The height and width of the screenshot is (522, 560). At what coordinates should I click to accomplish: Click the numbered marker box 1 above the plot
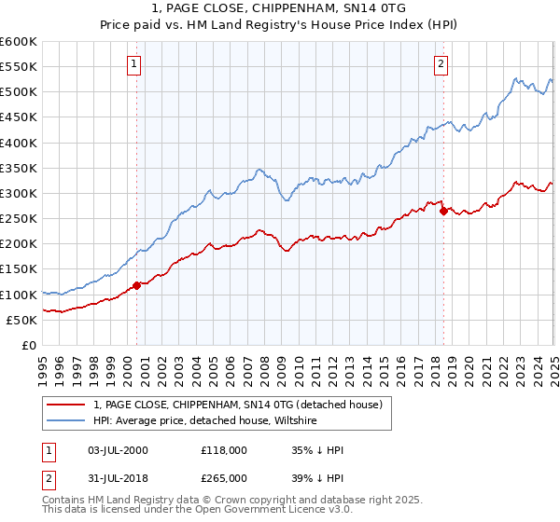click(x=135, y=64)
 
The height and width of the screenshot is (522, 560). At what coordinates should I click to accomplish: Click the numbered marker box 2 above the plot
click(x=441, y=64)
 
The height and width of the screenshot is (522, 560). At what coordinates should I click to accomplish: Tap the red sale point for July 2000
click(x=136, y=285)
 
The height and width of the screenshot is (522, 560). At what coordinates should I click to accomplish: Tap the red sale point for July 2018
click(x=443, y=211)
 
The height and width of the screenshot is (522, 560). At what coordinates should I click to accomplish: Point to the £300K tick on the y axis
click(x=19, y=193)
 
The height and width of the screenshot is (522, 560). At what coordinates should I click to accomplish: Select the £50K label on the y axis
click(x=21, y=320)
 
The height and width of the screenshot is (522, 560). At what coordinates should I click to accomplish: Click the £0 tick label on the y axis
click(x=29, y=345)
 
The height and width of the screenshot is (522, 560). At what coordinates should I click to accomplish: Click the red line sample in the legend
click(x=67, y=405)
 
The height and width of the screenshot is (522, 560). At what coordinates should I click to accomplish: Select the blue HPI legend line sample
click(x=67, y=421)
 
